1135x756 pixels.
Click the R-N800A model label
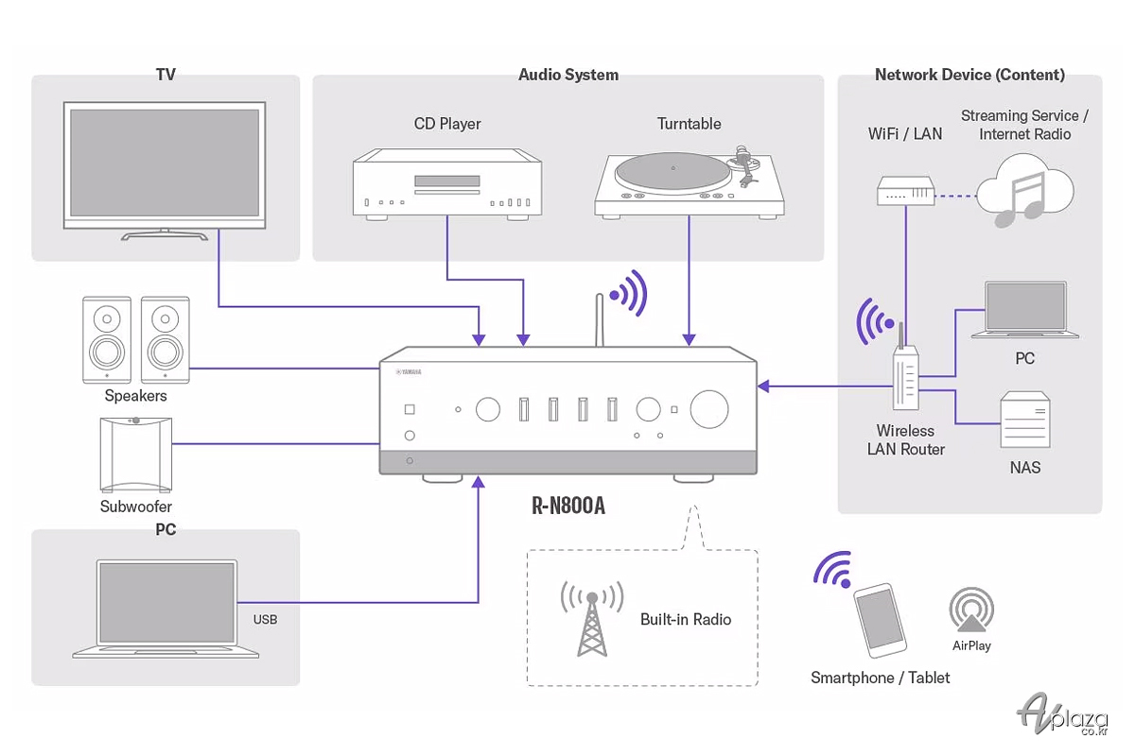click(568, 506)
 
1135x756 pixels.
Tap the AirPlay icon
click(971, 610)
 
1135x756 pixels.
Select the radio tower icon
click(592, 619)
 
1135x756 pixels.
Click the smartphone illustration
click(881, 621)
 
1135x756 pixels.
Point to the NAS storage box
click(1025, 420)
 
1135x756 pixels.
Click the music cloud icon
click(1024, 191)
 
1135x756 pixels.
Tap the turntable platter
click(672, 173)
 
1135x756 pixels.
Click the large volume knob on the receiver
click(708, 409)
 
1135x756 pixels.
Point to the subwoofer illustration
click(136, 455)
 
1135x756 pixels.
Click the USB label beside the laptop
click(265, 619)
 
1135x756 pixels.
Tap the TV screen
click(165, 163)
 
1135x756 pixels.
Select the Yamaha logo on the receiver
click(409, 371)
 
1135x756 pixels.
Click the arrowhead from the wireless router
click(763, 387)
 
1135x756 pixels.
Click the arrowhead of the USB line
click(478, 482)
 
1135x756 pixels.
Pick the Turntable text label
click(690, 124)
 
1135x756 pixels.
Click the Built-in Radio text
click(686, 619)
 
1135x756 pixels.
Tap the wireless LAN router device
click(905, 377)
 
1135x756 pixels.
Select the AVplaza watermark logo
click(1062, 714)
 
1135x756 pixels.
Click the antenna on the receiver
click(600, 320)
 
